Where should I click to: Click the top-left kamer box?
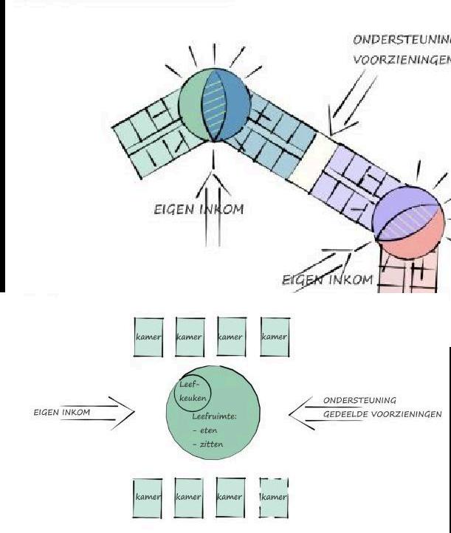[x=148, y=337]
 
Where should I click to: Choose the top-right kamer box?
[x=275, y=337]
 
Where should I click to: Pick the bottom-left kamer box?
[x=148, y=497]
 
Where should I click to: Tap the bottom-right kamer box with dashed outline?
[x=275, y=497]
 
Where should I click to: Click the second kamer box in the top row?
[x=190, y=337]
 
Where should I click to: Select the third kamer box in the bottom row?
[x=231, y=497]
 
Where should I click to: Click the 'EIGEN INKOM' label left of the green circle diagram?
[x=62, y=412]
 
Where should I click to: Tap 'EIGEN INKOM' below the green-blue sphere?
[x=199, y=210]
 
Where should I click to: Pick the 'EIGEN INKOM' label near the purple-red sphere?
[x=328, y=281]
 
